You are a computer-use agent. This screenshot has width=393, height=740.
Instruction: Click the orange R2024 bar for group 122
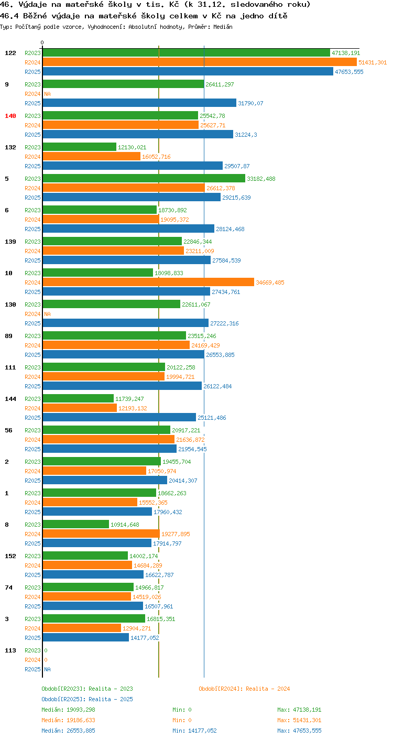coord(200,62)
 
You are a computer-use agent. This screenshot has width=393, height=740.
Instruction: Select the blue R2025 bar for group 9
coord(140,103)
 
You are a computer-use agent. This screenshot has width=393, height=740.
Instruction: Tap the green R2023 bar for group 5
coord(144,178)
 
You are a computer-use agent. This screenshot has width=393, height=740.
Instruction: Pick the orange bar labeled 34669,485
coord(149,282)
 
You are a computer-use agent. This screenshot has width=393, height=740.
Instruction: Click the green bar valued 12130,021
coord(80,147)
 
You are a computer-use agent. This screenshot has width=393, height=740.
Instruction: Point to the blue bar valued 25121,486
coord(119,417)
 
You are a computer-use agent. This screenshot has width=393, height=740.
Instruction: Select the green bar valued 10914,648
coord(76,524)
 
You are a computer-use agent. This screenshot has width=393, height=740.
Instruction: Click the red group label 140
coord(10,116)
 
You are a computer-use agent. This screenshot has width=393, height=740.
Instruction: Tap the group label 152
coord(10,556)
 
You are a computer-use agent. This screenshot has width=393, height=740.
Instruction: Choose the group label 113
coord(10,650)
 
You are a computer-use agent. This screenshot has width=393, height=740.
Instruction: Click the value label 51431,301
coord(373,62)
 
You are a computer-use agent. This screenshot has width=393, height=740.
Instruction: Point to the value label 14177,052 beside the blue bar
coord(145,638)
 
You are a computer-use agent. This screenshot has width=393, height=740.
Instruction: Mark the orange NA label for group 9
coord(48,94)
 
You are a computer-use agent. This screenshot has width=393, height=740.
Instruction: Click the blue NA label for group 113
coord(48,669)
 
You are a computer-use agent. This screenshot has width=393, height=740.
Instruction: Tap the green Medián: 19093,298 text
coord(68,710)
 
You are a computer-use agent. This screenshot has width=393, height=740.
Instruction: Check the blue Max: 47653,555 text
coord(299,731)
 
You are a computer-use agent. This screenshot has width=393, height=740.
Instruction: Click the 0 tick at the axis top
coord(42,42)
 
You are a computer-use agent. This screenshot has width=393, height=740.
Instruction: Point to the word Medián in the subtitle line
coord(223,27)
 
